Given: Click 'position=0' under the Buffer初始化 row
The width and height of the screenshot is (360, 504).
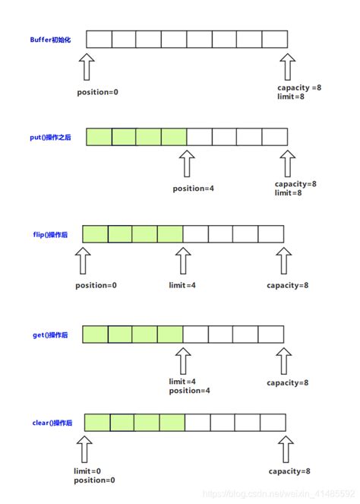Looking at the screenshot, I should pos(98,91).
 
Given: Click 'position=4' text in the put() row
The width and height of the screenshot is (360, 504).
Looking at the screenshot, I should pos(194,188).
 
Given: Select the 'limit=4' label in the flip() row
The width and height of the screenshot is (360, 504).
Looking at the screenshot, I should pos(183,286).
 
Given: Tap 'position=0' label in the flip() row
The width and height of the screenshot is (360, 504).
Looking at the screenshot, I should pos(96,286).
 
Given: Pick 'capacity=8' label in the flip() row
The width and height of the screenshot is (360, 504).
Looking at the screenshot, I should pos(287,286).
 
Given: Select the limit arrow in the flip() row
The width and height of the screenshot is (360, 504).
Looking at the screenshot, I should pos(182,261).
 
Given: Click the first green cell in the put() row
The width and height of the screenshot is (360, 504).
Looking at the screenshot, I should pos(99,137).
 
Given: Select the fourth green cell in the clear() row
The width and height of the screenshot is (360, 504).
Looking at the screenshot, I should pos(172,422).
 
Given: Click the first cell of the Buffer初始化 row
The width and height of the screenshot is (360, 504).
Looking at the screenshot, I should pos(99,39).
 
